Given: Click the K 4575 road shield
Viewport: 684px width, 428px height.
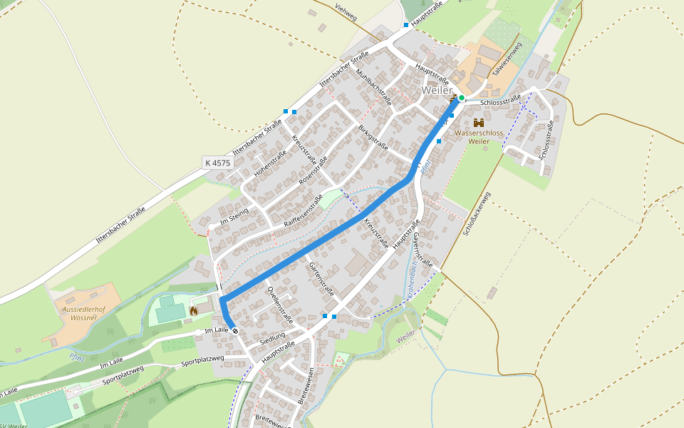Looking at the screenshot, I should coord(217,163).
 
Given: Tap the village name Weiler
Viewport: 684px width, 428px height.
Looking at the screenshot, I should coord(436,91).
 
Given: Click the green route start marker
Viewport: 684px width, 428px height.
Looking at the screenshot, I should coord(462,98).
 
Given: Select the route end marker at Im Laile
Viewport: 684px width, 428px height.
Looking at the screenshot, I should coord(235,331).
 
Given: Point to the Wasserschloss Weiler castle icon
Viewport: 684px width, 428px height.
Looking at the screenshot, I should coord(478,123).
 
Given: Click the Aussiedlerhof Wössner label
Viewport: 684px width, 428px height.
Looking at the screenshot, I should coord(79,313).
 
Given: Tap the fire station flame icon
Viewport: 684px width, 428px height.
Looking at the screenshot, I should coord(192,311).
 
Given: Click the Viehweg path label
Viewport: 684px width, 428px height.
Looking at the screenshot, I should coord(346,12).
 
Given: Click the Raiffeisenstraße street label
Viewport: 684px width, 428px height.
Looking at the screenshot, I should coord(304,210).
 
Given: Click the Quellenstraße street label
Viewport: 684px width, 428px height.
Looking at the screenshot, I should coord(279,300).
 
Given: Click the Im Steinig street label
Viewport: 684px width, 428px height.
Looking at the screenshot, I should coord(234,213).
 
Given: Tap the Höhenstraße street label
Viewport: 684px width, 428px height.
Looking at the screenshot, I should coord(270,163).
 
